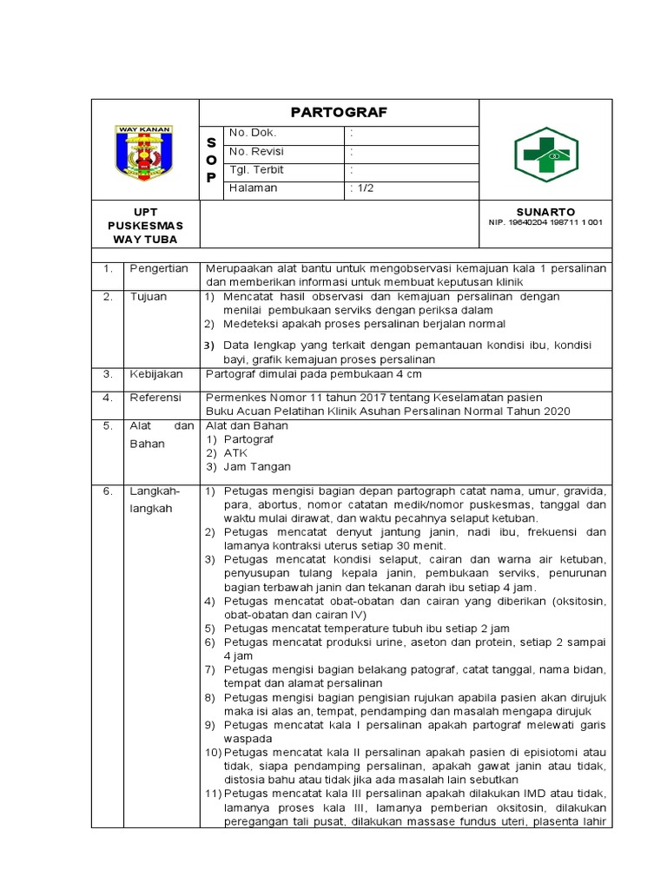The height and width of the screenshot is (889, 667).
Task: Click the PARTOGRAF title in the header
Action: coord(339,112)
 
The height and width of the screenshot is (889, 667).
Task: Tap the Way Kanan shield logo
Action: coord(145,154)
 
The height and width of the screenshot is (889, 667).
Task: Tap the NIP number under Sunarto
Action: coord(545,222)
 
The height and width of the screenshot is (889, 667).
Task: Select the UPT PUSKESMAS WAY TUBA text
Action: coord(145,225)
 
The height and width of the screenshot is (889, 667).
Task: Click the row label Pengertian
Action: coord(159,269)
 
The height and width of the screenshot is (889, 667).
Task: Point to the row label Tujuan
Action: coord(149,297)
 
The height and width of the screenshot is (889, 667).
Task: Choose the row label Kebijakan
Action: coord(156,374)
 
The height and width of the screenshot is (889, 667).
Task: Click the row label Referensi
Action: coord(156,398)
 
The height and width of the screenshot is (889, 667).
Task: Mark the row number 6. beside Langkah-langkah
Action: coord(108,491)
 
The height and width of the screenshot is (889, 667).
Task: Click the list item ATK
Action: coord(235,453)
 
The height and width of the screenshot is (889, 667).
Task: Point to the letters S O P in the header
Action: coord(211,160)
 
